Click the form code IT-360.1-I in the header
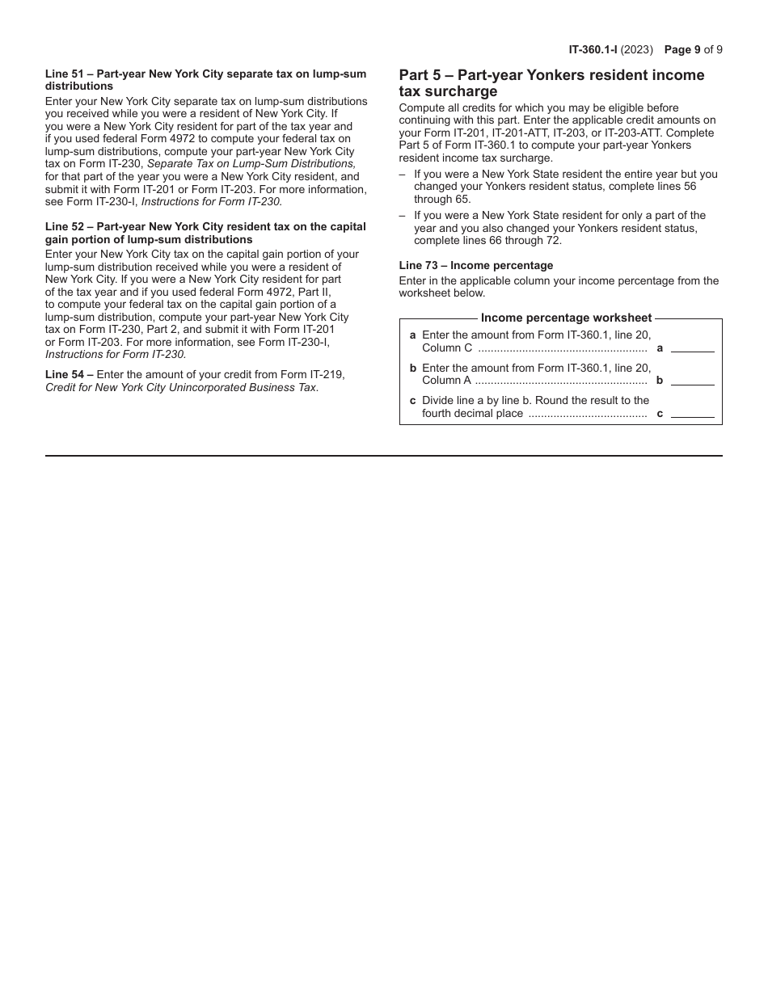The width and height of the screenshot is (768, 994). click(x=593, y=49)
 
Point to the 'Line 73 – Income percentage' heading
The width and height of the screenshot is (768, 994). click(x=475, y=265)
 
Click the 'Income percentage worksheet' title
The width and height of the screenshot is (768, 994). click(x=566, y=318)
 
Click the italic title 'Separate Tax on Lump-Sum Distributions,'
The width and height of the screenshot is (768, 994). click(x=251, y=163)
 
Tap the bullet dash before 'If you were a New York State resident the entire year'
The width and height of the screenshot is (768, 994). click(x=403, y=174)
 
